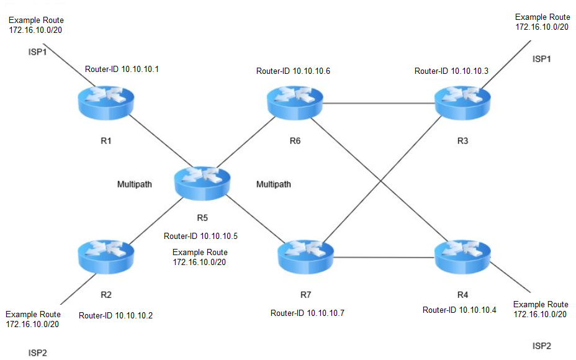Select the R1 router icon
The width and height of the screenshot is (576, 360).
point(106,102)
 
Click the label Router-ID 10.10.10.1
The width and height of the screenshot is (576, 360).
point(122,70)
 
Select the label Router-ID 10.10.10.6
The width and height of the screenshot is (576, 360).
point(293,71)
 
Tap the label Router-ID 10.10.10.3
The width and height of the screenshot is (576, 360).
point(451,71)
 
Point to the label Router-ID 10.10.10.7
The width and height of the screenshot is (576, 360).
point(307,313)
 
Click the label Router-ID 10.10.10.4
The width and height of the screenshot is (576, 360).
point(459,310)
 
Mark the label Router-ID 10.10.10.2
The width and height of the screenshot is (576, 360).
point(115,315)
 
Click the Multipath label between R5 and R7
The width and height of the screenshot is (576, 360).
point(274,184)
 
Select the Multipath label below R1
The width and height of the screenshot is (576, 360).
point(135,184)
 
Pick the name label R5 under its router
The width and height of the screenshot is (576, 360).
point(202,218)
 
